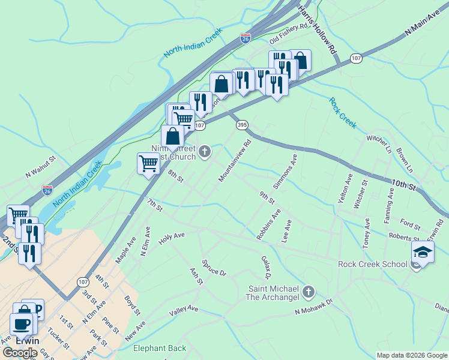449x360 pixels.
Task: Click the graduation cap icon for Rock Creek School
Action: (x=423, y=251)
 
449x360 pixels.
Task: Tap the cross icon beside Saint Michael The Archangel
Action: (x=309, y=292)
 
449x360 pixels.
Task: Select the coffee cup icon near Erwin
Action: (x=21, y=324)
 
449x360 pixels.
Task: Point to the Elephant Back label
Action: (x=160, y=348)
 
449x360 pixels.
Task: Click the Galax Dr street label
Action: (x=267, y=267)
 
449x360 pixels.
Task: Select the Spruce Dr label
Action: (x=214, y=268)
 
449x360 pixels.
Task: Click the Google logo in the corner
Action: (x=20, y=353)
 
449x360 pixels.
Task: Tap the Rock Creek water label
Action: (x=343, y=112)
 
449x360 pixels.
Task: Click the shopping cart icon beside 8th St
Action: (x=148, y=163)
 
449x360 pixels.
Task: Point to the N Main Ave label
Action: (x=423, y=29)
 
